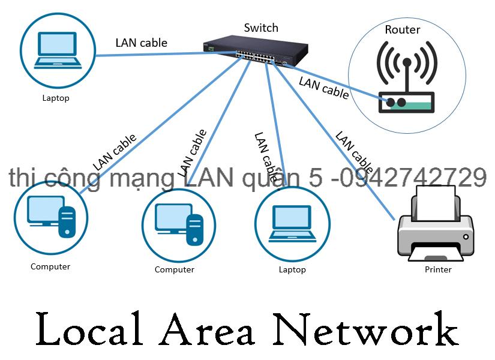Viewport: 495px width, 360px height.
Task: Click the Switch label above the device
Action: point(261,28)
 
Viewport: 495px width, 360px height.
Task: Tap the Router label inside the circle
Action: point(402,29)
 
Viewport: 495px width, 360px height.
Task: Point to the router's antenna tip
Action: point(407,62)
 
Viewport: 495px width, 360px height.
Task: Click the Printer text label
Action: point(438,269)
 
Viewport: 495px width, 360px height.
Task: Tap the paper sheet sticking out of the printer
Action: point(436,201)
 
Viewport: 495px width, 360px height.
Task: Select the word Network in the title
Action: point(366,329)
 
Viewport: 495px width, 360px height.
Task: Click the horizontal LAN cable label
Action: point(141,43)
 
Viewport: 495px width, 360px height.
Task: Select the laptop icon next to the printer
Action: point(292,223)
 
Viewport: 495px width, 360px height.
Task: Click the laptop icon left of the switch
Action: point(58,50)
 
